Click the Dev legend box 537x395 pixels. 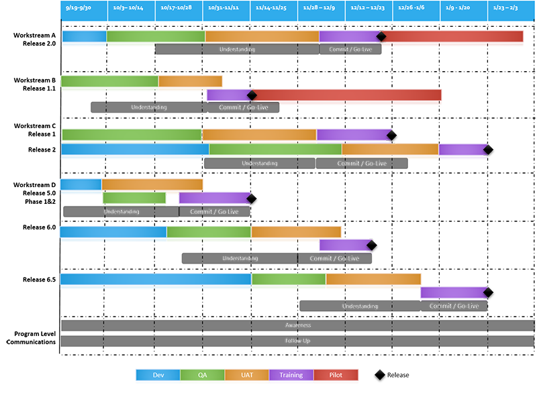pyautogui.click(x=158, y=375)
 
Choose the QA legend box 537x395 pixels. pyautogui.click(x=203, y=375)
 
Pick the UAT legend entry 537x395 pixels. pyautogui.click(x=247, y=375)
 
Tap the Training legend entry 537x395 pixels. pyautogui.click(x=291, y=375)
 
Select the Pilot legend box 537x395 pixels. pyautogui.click(x=336, y=375)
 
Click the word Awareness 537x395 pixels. pyautogui.click(x=298, y=325)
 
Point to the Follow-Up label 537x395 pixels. pyautogui.click(x=298, y=341)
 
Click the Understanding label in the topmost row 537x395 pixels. pyautogui.click(x=237, y=49)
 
